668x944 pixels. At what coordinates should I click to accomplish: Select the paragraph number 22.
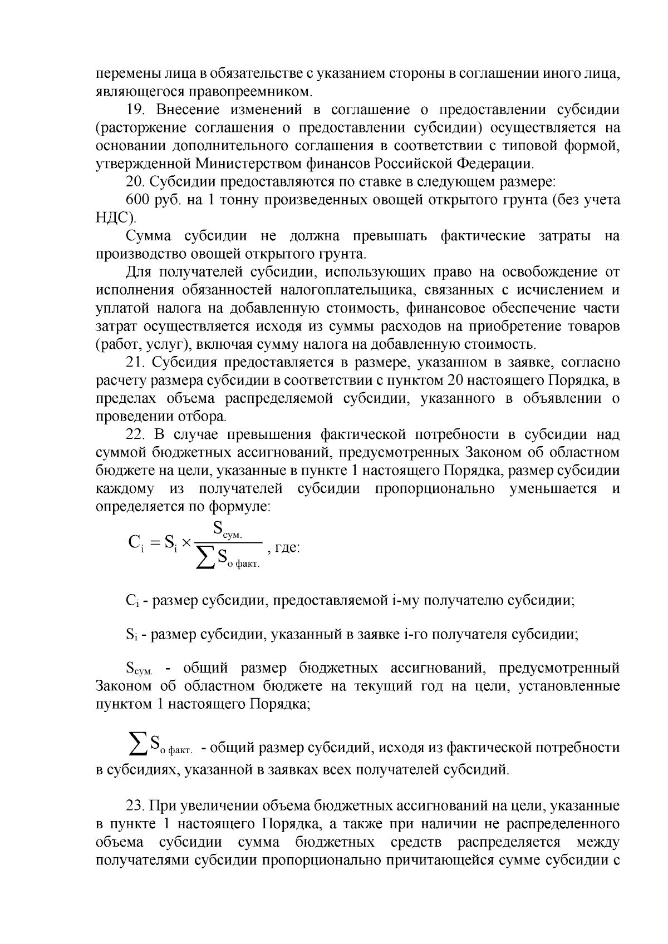[135, 434]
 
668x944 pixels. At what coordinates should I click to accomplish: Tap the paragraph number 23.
[135, 805]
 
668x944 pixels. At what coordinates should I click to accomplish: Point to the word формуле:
[240, 507]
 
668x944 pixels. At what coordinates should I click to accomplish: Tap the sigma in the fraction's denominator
[205, 558]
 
